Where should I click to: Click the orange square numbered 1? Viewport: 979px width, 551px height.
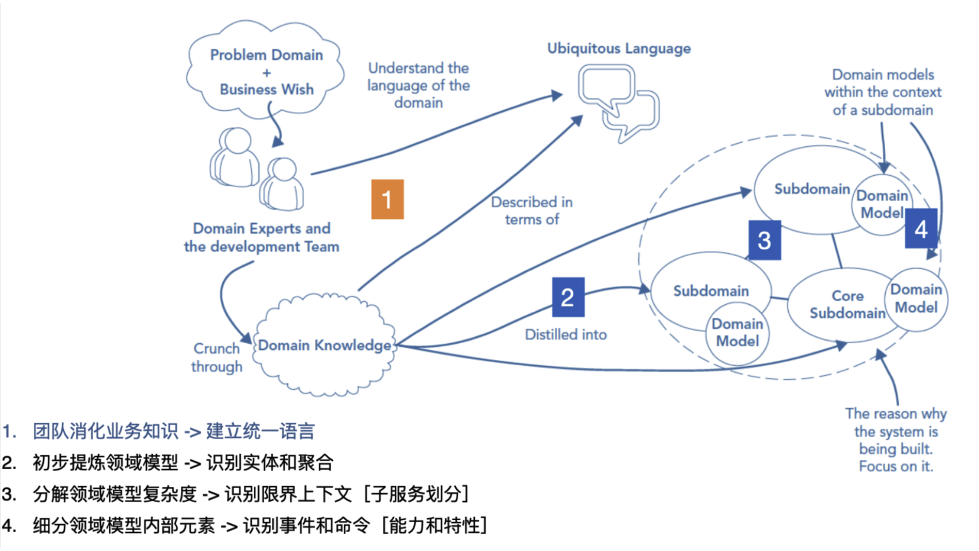point(387,200)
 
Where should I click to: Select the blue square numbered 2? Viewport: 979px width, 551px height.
point(568,297)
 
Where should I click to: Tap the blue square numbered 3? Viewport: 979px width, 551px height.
point(764,240)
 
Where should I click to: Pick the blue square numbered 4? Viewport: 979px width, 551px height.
point(920,229)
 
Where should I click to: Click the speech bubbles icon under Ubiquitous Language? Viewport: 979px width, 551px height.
point(618,102)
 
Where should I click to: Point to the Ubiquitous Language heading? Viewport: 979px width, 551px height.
point(619,48)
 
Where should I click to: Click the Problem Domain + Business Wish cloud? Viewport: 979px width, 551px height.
point(266,71)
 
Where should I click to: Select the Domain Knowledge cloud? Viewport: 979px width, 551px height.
point(324,345)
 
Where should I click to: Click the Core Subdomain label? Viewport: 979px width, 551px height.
point(847,304)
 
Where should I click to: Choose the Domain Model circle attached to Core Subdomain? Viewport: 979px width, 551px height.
point(916,298)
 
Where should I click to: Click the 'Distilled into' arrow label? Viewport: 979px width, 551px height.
point(566,335)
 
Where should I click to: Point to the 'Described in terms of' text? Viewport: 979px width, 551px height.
point(532,211)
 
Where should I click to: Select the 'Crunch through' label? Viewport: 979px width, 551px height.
point(216,358)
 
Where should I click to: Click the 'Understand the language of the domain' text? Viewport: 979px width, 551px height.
point(418,85)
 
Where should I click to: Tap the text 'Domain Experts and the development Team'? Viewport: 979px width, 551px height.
point(261,237)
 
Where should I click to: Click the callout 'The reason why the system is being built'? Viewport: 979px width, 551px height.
point(895,440)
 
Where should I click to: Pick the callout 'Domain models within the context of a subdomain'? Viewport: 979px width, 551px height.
point(883,92)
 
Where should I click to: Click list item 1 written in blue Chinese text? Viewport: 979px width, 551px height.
point(173,431)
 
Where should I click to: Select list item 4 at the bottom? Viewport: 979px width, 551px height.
point(258,525)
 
